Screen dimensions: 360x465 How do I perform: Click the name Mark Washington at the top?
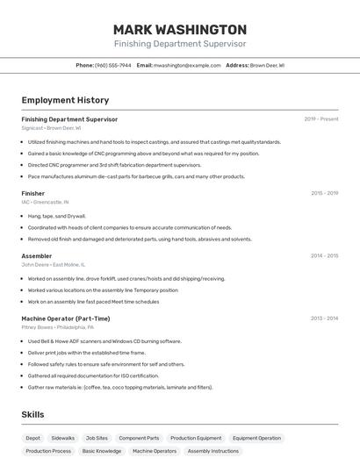point(180,29)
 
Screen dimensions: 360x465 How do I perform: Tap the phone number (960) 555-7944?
point(112,65)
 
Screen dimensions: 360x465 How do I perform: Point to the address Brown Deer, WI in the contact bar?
point(267,65)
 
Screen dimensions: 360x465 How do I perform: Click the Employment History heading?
point(65,100)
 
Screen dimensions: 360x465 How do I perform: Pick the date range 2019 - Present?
point(321,119)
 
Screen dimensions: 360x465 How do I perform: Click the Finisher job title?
point(33,193)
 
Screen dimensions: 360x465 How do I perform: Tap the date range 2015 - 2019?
point(324,193)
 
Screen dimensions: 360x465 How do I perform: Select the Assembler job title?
point(37,256)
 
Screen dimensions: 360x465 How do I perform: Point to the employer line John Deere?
point(53,264)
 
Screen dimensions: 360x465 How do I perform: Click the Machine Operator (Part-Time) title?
point(66,318)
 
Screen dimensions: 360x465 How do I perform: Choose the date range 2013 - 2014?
point(324,318)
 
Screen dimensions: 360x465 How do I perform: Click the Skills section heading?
point(33,414)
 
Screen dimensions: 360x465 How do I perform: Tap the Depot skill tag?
point(33,438)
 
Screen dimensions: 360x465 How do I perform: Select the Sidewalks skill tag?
point(63,438)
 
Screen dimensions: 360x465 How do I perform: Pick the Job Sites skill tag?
point(97,438)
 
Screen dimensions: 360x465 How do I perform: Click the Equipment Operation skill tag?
point(256,438)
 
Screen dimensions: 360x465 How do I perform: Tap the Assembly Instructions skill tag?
point(212,451)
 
